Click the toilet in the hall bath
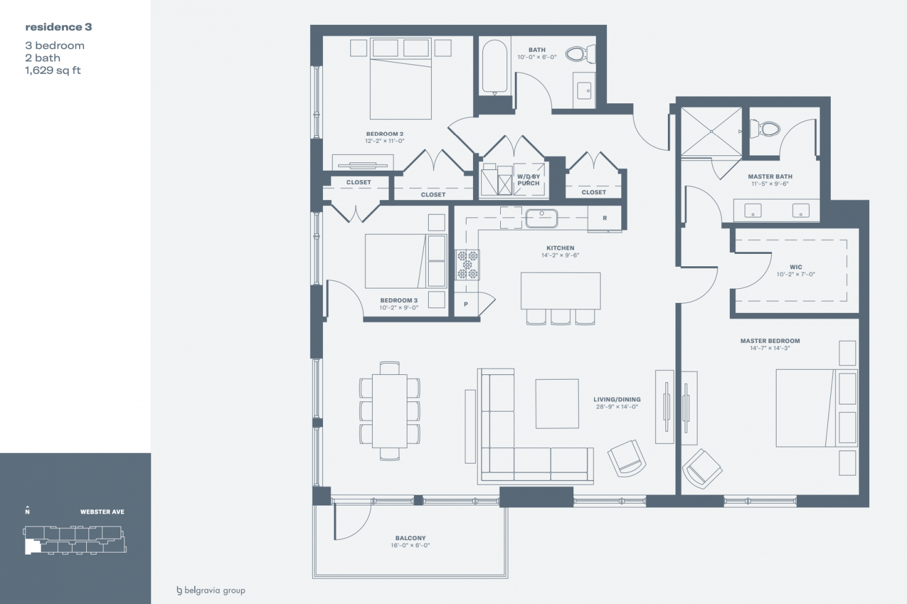(x=580, y=54)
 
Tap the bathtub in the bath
(x=494, y=66)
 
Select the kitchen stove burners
(x=467, y=265)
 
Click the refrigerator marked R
(x=605, y=218)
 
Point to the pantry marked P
(x=466, y=304)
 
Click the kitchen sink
(x=541, y=218)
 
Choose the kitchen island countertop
(x=560, y=291)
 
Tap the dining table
(x=390, y=411)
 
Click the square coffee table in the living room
(x=557, y=404)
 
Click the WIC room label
(x=795, y=267)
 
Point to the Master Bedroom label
(x=770, y=341)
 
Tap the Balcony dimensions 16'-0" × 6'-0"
(x=410, y=546)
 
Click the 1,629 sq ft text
(x=53, y=70)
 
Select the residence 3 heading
(x=58, y=27)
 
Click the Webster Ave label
(x=102, y=512)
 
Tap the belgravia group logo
(x=211, y=590)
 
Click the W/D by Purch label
(x=528, y=180)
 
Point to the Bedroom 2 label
(x=384, y=134)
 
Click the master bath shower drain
(x=712, y=132)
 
